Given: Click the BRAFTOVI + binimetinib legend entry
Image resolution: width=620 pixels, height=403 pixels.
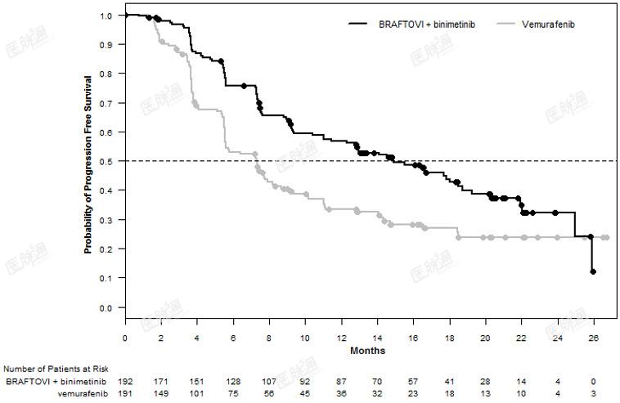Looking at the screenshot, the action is tap(411, 24).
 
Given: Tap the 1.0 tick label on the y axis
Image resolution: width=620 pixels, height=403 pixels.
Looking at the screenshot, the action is tap(106, 16).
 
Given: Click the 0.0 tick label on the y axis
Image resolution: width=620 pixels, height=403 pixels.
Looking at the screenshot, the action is tap(106, 308).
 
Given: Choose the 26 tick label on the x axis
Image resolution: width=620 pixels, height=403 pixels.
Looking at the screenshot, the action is tap(593, 338).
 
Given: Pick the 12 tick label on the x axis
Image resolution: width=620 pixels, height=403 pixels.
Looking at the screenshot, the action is tap(341, 338).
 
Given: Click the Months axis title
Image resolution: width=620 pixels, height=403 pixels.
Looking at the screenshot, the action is tap(367, 351).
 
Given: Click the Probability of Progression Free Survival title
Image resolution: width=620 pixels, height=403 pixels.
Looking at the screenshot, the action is tap(88, 164).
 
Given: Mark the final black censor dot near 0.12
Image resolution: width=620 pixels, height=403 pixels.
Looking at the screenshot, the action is tap(593, 272).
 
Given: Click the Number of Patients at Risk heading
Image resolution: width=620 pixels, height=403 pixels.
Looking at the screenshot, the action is tap(56, 369).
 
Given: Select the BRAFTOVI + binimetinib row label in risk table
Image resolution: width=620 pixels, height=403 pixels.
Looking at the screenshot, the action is tap(56, 382).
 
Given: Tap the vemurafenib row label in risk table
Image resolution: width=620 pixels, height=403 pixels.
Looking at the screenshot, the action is tap(83, 393).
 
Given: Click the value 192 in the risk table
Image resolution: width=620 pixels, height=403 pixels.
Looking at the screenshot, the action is tap(125, 382).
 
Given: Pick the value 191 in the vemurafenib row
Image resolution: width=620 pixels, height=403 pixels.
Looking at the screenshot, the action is tap(125, 393).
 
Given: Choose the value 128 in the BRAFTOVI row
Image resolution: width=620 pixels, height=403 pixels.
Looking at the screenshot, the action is tap(233, 382).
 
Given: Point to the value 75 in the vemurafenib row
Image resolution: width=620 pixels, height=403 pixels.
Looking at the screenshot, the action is tap(233, 393).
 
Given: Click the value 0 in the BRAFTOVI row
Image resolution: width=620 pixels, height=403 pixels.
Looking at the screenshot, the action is tap(593, 382).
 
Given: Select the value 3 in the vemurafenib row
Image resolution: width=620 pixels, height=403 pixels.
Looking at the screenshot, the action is tap(593, 393).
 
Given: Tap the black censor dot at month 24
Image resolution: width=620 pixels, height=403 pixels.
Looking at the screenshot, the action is tap(555, 213).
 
